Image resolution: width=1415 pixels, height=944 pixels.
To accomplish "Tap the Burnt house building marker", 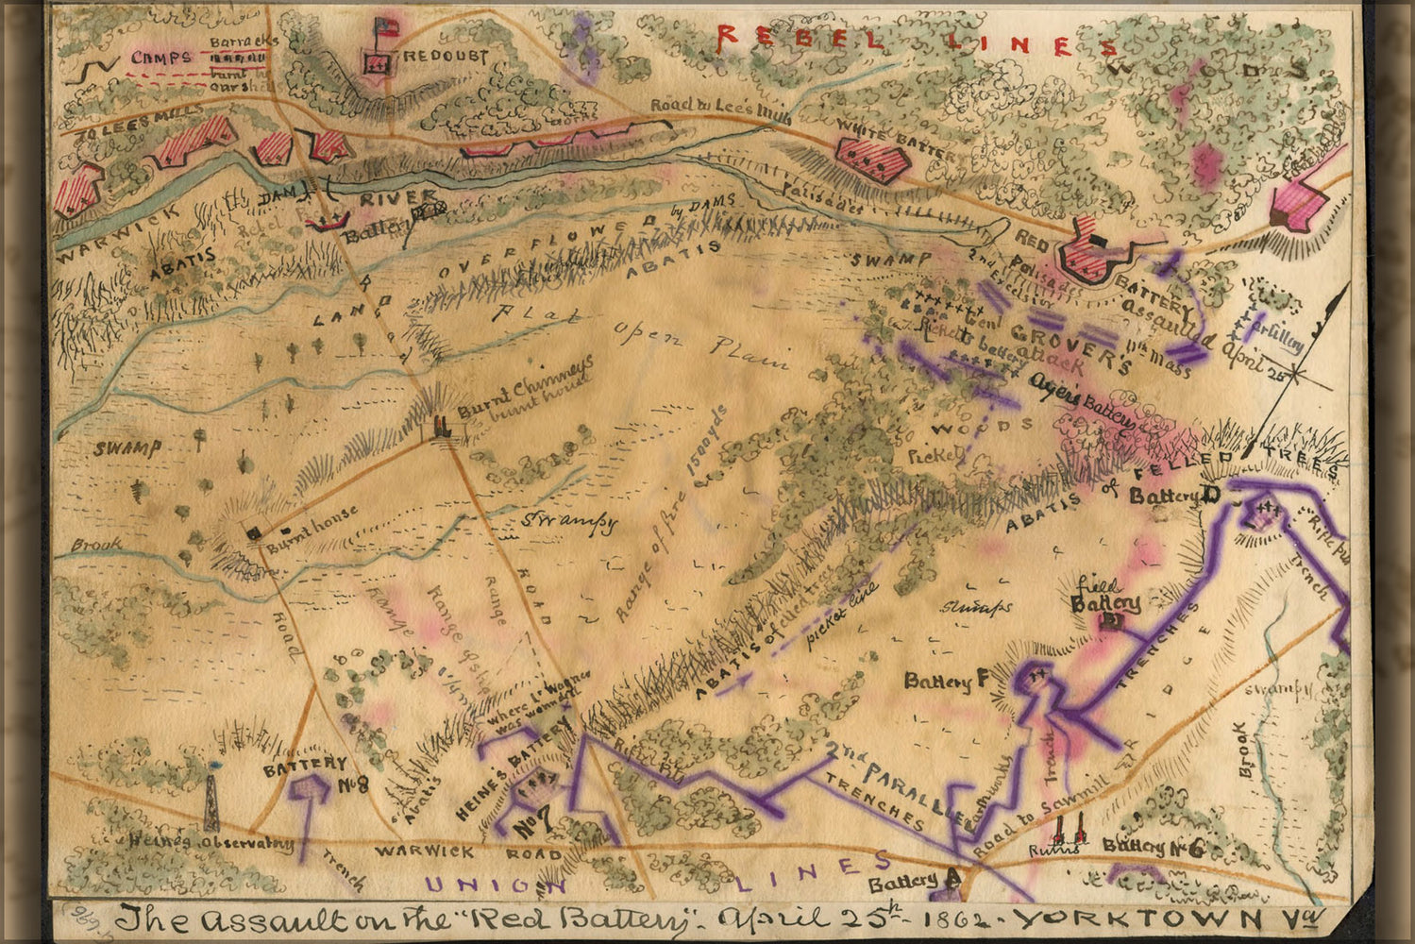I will coord(253,533).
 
